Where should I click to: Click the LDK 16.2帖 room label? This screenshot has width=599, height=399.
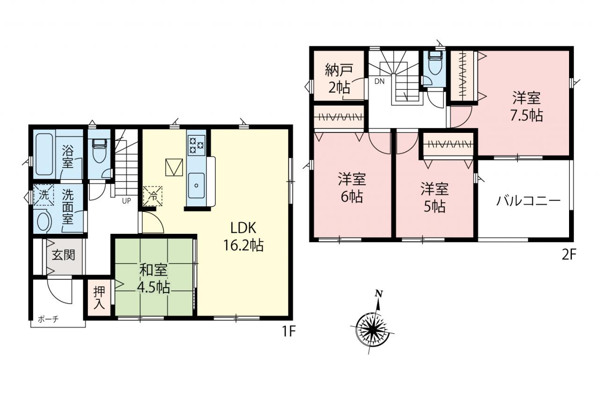[x=243, y=237]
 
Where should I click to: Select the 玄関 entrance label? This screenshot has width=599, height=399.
[x=63, y=255]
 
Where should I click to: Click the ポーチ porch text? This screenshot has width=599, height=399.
[x=48, y=319]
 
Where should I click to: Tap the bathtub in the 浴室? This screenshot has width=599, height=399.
[x=44, y=154]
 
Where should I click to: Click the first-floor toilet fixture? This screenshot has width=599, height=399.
[x=100, y=151]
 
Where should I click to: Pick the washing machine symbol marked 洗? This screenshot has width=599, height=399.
[x=44, y=195]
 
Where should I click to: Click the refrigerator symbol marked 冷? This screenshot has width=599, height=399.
[x=153, y=196]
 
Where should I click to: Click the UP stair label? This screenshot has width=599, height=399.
[x=126, y=201]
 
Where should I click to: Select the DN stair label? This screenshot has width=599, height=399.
[x=379, y=81]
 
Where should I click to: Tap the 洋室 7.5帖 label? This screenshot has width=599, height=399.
[x=526, y=107]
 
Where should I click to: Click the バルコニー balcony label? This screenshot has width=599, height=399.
[x=528, y=201]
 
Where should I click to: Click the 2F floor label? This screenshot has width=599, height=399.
[x=569, y=255]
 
